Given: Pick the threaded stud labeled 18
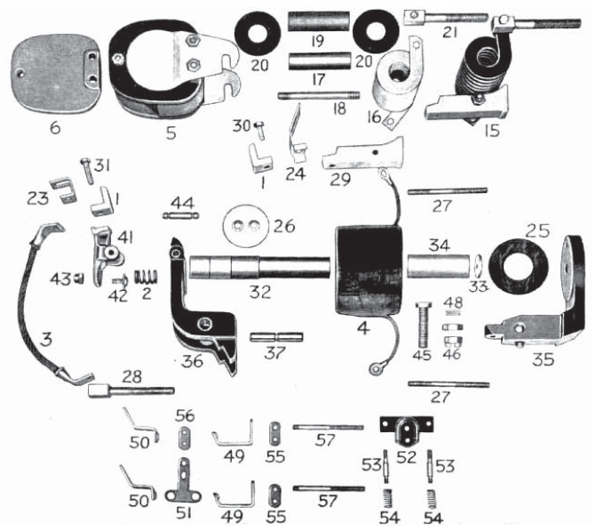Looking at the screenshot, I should [314, 97].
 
